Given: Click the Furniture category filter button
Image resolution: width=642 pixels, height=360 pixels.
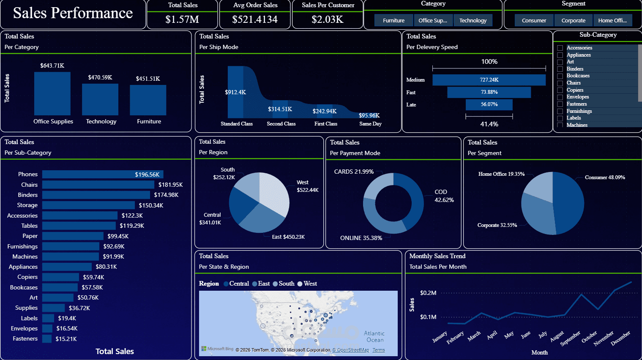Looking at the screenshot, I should click(x=393, y=20).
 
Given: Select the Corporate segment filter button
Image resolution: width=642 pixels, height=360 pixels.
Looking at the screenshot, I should click(x=573, y=20).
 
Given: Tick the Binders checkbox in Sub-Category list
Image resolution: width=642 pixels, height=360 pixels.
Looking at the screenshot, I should click(x=560, y=69).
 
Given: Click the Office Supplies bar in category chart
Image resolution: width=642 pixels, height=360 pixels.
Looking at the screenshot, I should click(x=52, y=93).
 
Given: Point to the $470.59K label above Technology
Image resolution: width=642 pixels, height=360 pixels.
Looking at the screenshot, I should click(x=100, y=77).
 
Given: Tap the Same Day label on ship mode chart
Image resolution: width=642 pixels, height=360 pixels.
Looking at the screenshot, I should click(x=370, y=124).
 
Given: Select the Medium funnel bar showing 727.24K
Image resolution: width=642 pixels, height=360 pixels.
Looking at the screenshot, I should click(x=489, y=80).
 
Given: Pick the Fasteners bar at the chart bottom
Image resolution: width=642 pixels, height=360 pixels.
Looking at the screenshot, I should click(x=47, y=339).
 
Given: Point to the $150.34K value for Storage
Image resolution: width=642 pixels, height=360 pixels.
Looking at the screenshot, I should click(x=151, y=205).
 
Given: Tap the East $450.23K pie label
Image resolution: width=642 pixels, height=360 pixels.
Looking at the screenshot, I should click(x=288, y=237).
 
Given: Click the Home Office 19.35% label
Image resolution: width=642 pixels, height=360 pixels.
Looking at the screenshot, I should click(x=501, y=174).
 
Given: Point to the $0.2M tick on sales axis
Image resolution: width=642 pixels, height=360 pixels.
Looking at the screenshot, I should click(x=428, y=293).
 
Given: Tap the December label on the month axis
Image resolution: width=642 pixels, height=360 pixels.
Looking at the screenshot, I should click(x=620, y=338).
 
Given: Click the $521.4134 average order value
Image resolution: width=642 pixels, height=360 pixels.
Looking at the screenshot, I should click(x=255, y=19).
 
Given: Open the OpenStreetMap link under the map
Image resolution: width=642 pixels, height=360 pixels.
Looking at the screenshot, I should click(x=350, y=350).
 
